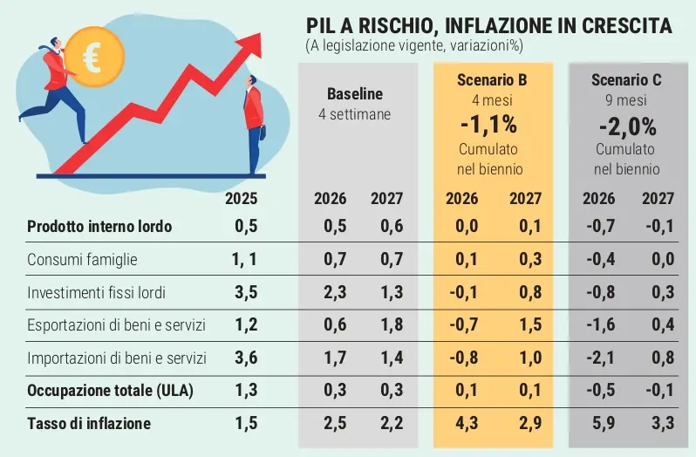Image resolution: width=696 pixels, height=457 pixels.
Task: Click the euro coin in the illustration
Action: (92, 56)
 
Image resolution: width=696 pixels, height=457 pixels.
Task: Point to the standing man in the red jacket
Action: (253, 122)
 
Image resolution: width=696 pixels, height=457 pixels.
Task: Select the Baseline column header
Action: (355, 94)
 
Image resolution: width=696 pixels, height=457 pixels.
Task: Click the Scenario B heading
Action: (492, 80)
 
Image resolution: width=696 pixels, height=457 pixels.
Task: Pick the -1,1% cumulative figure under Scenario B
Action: (491, 123)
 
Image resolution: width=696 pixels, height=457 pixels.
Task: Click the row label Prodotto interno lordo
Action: (99, 227)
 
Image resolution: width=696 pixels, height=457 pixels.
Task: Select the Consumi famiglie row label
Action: (82, 260)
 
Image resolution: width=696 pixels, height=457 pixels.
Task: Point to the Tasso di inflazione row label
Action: (89, 424)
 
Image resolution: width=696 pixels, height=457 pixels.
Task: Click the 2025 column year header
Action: (242, 198)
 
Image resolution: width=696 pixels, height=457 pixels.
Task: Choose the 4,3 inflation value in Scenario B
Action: (462, 424)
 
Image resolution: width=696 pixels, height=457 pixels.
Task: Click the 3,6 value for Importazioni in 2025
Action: (245, 358)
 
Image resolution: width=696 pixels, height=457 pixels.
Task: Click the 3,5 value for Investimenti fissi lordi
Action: (245, 292)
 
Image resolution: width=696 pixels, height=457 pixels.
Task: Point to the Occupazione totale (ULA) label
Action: (110, 391)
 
